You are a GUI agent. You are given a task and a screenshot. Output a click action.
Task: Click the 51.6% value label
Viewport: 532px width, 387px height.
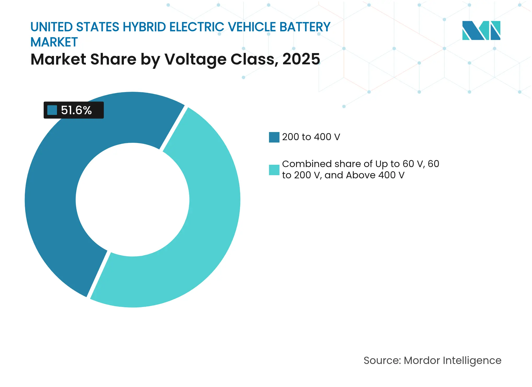pos(76,110)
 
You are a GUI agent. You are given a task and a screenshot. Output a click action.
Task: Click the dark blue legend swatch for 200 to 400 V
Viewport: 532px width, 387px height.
pos(274,137)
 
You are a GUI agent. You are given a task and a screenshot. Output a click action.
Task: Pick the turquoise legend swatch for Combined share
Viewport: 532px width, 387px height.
pos(274,170)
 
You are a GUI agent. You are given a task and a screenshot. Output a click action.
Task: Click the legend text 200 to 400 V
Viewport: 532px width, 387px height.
pos(311,137)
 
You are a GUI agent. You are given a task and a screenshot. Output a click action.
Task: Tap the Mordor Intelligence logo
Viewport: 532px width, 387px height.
pos(481,30)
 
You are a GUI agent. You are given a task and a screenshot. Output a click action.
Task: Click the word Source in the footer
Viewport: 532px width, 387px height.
pos(381,361)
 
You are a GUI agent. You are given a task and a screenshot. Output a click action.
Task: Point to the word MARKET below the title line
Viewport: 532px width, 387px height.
pos(54,42)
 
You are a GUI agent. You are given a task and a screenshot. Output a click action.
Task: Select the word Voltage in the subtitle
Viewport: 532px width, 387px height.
pos(195,59)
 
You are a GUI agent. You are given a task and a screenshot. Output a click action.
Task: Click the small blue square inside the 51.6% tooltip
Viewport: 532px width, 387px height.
pos(52,110)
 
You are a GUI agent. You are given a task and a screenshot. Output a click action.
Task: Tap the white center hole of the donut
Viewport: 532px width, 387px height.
pos(132,200)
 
